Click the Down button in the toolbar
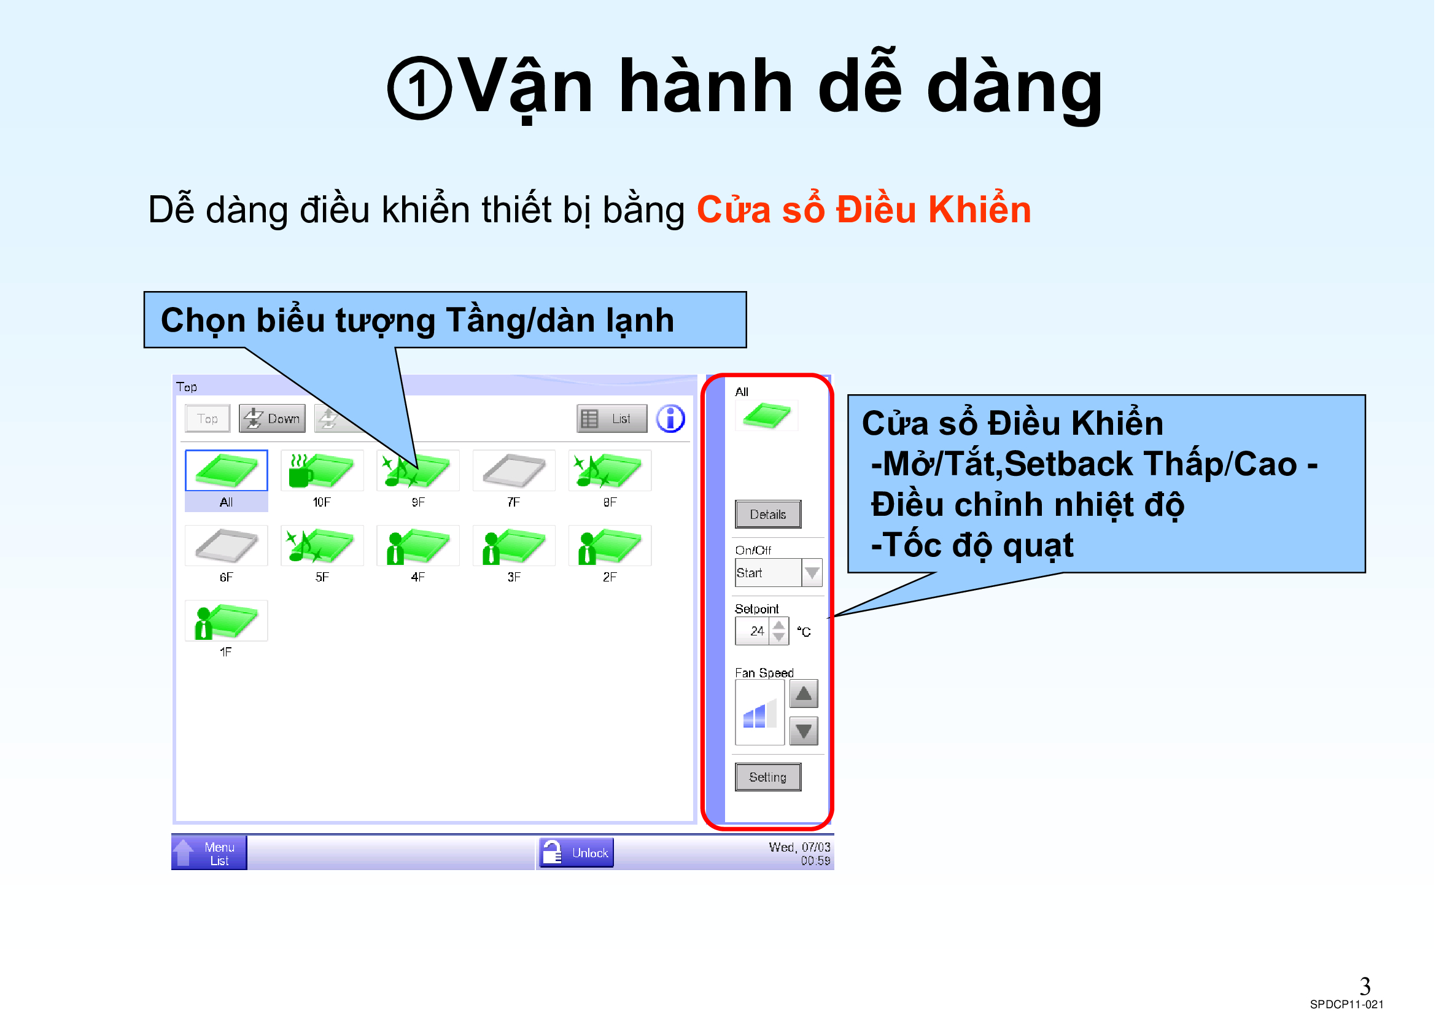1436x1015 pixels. click(272, 419)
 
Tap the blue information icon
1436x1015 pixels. click(670, 419)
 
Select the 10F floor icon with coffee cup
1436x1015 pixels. click(322, 470)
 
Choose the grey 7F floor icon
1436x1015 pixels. click(513, 470)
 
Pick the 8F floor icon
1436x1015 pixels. click(610, 470)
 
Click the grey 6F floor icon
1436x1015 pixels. click(227, 546)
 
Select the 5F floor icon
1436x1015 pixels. click(322, 546)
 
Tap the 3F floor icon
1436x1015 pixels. click(513, 546)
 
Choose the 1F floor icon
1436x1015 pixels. click(227, 621)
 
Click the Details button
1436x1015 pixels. click(768, 515)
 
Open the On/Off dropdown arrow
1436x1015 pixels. click(812, 573)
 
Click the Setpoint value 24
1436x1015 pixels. click(757, 631)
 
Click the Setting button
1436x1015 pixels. click(768, 777)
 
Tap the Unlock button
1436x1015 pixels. click(576, 853)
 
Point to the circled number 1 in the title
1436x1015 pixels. click(419, 88)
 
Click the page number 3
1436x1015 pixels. click(1365, 987)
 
